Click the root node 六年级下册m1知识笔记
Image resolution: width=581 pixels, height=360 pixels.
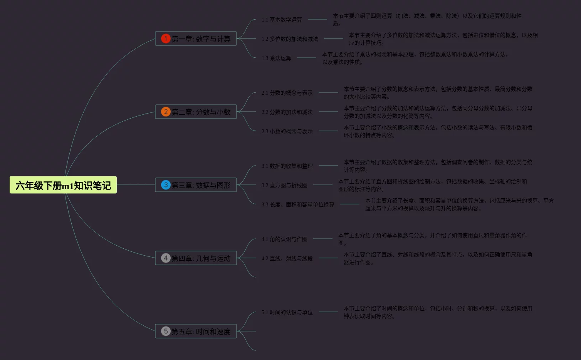[x=63, y=185]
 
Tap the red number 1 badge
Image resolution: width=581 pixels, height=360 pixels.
[x=166, y=39]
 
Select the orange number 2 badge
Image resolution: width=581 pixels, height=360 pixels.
[x=166, y=112]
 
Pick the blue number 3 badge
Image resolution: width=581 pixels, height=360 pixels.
[x=166, y=185]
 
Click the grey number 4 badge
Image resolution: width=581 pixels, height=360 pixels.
[x=166, y=258]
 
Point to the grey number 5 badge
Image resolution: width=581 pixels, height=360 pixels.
[x=166, y=331]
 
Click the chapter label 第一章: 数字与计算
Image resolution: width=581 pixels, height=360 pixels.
[x=201, y=39]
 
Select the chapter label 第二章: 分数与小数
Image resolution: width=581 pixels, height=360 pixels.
[x=201, y=112]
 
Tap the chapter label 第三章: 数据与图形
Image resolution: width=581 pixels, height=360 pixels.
[x=201, y=185]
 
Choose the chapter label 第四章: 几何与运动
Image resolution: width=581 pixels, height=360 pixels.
[x=201, y=258]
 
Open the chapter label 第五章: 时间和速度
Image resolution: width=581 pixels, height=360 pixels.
[x=201, y=332]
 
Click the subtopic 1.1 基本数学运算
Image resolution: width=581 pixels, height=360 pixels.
[x=282, y=20]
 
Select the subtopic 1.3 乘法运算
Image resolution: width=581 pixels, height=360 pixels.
[x=276, y=58]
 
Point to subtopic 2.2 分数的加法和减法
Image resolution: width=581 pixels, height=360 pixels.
[x=287, y=112]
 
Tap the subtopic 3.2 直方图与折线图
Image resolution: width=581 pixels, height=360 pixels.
[x=284, y=185]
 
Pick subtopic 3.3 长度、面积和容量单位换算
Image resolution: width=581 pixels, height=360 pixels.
[x=298, y=204]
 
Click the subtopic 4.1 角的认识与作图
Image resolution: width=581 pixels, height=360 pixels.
[x=284, y=239]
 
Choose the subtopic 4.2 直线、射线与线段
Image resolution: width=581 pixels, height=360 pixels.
[x=287, y=258]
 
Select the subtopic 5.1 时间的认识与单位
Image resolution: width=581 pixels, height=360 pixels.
[x=287, y=312]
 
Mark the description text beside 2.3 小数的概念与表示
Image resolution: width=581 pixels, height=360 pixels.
[x=438, y=131]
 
